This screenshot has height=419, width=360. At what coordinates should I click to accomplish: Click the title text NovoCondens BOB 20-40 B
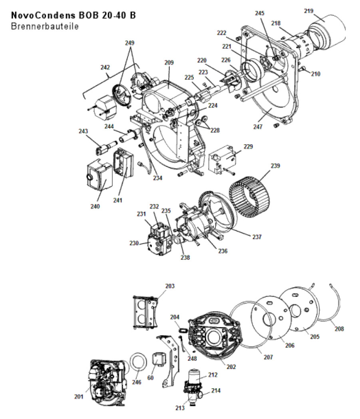pos(73,16)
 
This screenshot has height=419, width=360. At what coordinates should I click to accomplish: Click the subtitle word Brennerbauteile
pos(45,26)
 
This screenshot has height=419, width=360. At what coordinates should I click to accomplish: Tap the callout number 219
pos(308,11)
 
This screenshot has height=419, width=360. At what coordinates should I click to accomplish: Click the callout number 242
pos(105,68)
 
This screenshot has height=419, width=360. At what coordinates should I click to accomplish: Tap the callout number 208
pos(339,329)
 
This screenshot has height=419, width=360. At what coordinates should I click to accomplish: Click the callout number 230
pos(133,243)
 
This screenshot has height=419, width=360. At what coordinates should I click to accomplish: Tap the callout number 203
pos(170,286)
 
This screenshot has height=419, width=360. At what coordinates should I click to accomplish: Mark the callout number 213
pos(180,408)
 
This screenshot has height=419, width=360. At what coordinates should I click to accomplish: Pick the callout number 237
pos(257,237)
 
